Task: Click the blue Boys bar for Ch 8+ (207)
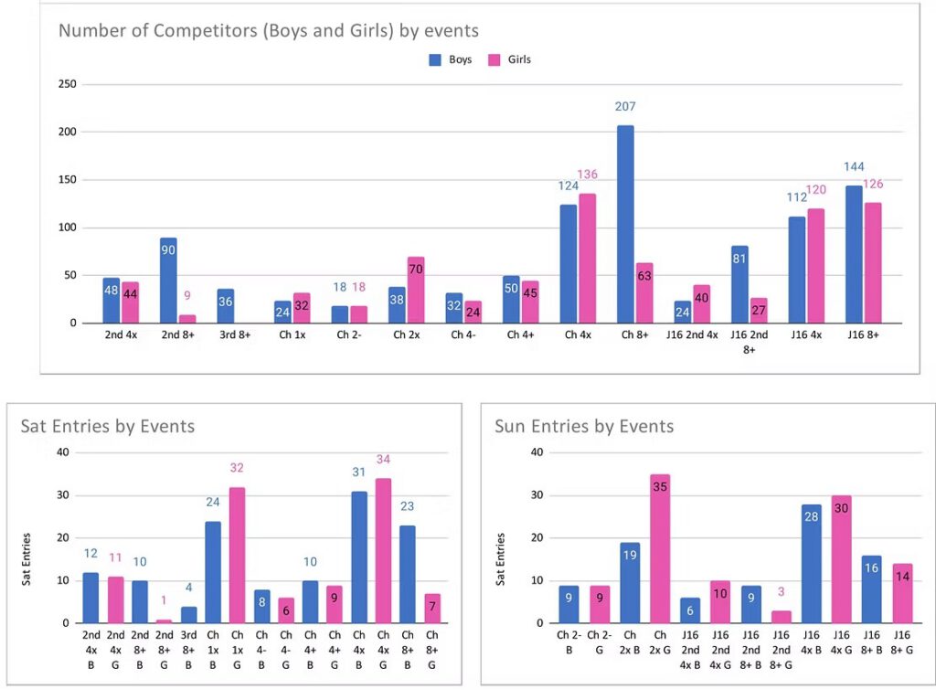[625, 224]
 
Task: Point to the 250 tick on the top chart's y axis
[66, 85]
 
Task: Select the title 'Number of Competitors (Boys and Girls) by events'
[269, 31]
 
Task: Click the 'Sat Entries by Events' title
[107, 426]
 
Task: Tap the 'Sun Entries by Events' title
[584, 426]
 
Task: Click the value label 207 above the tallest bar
[625, 107]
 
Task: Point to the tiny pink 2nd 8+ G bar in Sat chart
[165, 621]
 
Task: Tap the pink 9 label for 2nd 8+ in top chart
[188, 295]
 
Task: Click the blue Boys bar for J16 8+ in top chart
[853, 254]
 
